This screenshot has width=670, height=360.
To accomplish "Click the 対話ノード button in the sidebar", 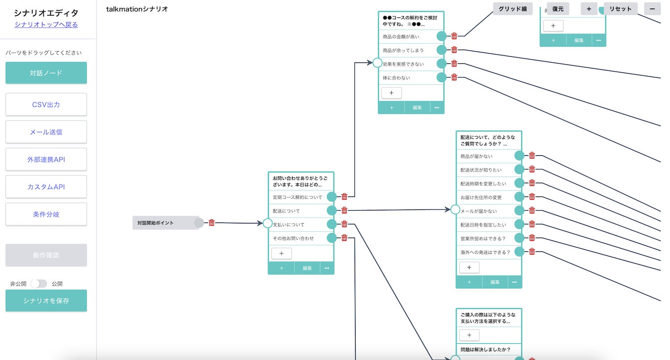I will pyautogui.click(x=46, y=73).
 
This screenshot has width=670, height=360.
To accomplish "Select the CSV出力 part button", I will pyautogui.click(x=46, y=105).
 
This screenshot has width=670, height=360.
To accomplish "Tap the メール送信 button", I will pyautogui.click(x=46, y=132).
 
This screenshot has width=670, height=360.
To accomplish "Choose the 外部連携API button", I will pyautogui.click(x=46, y=159).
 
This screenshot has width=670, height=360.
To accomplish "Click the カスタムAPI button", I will pyautogui.click(x=46, y=187).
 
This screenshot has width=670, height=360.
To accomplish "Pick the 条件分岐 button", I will pyautogui.click(x=46, y=214).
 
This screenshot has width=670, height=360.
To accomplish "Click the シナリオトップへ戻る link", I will pyautogui.click(x=46, y=25).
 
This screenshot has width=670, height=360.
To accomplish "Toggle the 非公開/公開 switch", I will pyautogui.click(x=39, y=284).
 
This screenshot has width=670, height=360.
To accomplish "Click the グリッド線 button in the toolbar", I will pyautogui.click(x=513, y=9).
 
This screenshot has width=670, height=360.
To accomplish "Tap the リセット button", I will pyautogui.click(x=620, y=9).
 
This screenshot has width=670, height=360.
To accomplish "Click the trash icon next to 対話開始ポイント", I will pyautogui.click(x=212, y=222).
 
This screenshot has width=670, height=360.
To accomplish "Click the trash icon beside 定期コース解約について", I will pyautogui.click(x=344, y=197).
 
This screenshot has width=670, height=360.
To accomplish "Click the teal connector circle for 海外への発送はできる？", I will pyautogui.click(x=519, y=252).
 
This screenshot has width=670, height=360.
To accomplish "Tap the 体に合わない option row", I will pyautogui.click(x=406, y=78).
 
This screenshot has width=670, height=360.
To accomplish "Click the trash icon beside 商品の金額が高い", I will pyautogui.click(x=454, y=36).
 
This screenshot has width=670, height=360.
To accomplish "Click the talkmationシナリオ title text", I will pyautogui.click(x=137, y=9).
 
